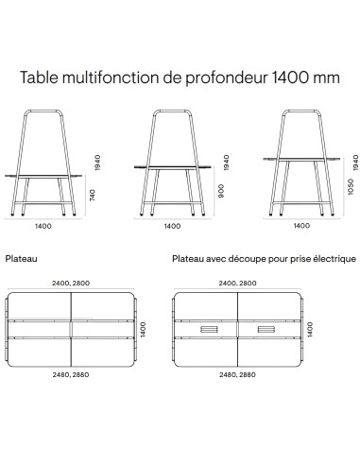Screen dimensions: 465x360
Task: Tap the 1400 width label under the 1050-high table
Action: pos(300,227)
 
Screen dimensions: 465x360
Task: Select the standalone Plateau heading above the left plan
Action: pos(23,256)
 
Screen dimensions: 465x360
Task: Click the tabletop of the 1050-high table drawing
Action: pos(300,157)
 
